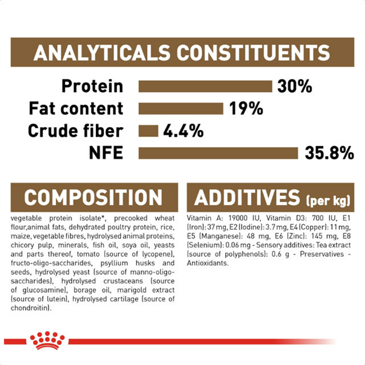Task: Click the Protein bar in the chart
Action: (205, 87)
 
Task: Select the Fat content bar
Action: (181, 109)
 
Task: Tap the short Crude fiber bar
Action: (148, 131)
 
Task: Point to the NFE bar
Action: (218, 153)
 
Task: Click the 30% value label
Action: (295, 87)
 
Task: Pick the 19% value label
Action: (246, 108)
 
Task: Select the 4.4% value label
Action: (183, 131)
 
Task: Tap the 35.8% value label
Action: (329, 153)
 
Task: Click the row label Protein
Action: (92, 87)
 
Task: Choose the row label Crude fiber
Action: (76, 131)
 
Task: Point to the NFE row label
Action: (106, 153)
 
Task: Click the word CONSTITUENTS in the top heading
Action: (253, 52)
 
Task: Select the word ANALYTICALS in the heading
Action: (102, 52)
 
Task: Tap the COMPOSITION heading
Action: (93, 197)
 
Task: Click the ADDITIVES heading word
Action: (247, 197)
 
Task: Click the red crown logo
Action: (47, 340)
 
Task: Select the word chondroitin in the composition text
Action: (30, 308)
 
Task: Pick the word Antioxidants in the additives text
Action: (207, 263)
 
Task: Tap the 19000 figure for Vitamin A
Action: (238, 218)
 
